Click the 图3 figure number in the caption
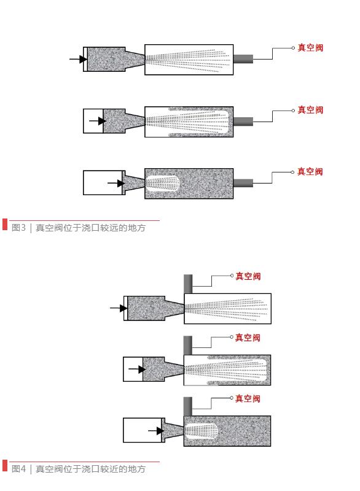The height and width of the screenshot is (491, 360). [17, 228]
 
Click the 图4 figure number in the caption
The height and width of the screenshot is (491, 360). [17, 469]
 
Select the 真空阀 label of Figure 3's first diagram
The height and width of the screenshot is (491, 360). [310, 48]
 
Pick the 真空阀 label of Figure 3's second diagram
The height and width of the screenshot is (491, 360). [310, 110]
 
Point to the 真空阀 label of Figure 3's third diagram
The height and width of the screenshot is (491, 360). [310, 172]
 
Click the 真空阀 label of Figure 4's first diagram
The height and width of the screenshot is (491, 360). [248, 276]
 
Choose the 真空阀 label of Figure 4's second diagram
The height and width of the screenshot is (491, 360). [248, 338]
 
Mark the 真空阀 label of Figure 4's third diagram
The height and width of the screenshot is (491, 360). [248, 399]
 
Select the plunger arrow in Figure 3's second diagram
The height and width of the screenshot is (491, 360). [97, 121]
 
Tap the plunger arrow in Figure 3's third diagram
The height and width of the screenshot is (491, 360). [115, 183]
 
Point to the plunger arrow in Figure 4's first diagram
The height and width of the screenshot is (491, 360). [118, 308]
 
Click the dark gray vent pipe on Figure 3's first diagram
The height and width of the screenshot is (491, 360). [243, 59]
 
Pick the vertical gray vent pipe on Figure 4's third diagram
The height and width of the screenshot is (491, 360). [188, 406]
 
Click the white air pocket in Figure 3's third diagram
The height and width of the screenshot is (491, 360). [163, 183]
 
